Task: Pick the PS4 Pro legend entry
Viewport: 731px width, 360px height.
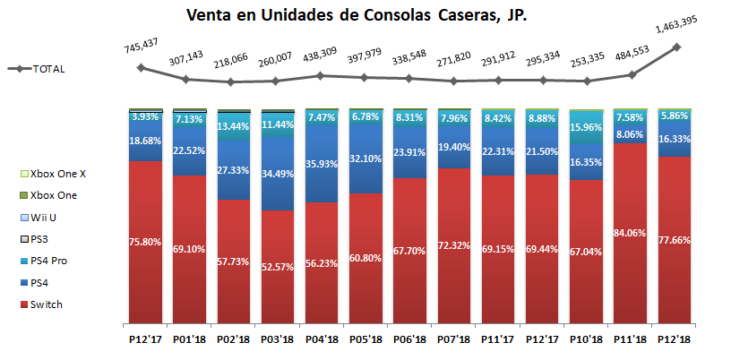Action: coord(61,261)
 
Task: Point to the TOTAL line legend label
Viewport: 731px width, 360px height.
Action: coord(49,69)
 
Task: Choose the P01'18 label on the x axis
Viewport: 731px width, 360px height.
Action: coord(188,341)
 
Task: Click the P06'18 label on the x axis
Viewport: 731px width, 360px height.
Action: coord(410,341)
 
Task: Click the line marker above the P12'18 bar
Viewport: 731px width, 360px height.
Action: coord(676,47)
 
